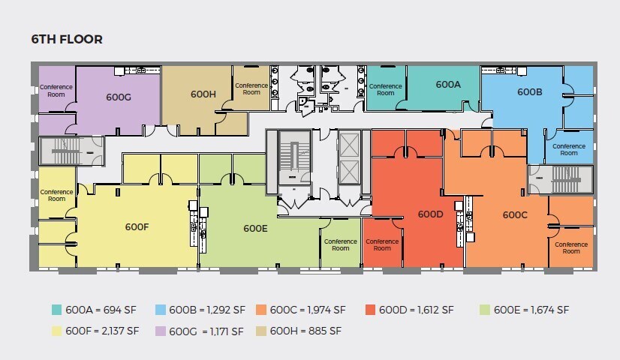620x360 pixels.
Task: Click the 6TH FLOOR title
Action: [66, 39]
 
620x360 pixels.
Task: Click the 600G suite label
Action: [119, 97]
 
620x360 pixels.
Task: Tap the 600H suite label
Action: [203, 94]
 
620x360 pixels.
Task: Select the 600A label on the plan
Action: [448, 85]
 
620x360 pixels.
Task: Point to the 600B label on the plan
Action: [530, 92]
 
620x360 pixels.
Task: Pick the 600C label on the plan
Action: [515, 214]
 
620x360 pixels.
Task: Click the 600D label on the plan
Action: [431, 214]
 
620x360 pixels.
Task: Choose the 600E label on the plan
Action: [256, 229]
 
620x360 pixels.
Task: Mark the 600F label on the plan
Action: [137, 226]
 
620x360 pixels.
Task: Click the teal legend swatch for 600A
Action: [56, 310]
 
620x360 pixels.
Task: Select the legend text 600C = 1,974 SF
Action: [308, 310]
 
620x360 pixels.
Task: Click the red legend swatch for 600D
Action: [369, 310]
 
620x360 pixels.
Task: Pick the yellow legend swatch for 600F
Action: [56, 331]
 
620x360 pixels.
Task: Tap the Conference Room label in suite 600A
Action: [386, 89]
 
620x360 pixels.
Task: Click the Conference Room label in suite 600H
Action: [251, 88]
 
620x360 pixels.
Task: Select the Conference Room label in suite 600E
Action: [341, 244]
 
